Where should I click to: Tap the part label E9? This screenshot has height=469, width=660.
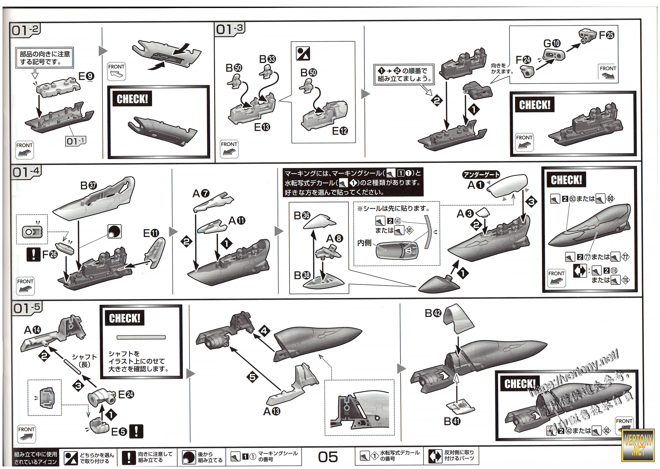point(86,76)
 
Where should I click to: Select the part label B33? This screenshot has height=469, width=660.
point(267,59)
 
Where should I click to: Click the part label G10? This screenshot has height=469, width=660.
point(552,43)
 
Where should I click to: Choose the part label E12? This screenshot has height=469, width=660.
point(340,131)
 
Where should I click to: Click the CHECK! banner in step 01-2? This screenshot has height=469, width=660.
point(132,99)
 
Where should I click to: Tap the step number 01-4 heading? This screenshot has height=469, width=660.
point(26,172)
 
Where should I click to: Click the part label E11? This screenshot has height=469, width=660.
point(151,233)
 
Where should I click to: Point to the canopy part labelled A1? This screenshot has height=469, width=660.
point(508,185)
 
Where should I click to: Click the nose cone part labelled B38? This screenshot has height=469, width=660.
point(324,282)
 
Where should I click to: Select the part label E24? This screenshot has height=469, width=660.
point(126,394)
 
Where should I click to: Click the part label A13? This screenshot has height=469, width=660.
point(271,411)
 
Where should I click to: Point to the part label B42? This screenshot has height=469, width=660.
point(433,313)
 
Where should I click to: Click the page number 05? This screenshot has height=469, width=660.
point(328,457)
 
